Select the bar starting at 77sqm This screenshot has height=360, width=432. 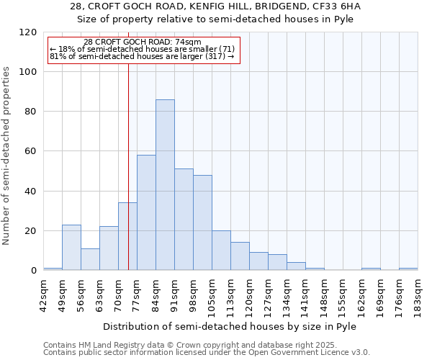click(146, 212)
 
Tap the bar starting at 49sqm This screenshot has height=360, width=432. click(71, 248)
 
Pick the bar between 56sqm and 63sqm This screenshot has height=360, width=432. click(90, 259)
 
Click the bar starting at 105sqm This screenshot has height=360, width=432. click(221, 251)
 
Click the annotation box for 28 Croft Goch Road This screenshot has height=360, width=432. click(143, 50)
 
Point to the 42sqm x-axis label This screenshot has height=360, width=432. click(43, 293)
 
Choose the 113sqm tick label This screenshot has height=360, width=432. click(230, 293)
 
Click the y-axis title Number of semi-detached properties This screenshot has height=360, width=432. click(7, 151)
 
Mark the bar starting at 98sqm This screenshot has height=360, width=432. click(202, 222)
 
